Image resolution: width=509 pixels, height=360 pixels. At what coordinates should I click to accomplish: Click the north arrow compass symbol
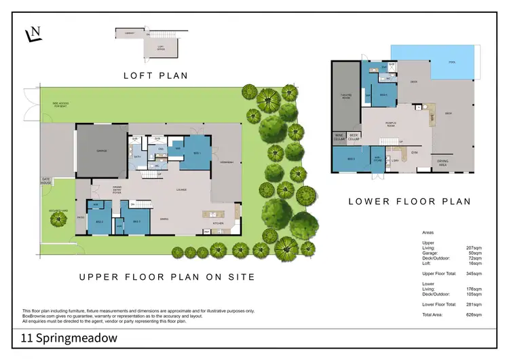coord(33,35)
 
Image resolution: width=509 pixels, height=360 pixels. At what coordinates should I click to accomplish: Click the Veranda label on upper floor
coord(227,162)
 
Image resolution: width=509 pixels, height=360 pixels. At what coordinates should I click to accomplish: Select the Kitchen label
coord(219,223)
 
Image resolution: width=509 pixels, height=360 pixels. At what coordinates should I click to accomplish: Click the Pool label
coord(452,62)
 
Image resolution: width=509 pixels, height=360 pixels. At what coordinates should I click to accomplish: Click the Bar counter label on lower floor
coord(430,118)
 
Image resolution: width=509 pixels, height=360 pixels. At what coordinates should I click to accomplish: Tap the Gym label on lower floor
coord(415,153)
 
